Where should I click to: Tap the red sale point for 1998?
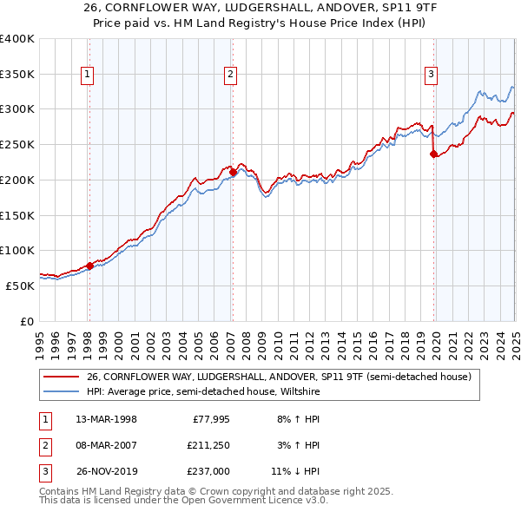coord(89,266)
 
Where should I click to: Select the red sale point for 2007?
coord(233,172)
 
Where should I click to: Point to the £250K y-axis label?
coord(17,144)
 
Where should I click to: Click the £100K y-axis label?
coord(17,250)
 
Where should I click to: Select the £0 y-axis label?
coord(27,321)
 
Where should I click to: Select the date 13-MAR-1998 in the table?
coord(106,419)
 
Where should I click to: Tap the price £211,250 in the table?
coord(208,446)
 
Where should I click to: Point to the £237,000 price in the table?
coord(208,472)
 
